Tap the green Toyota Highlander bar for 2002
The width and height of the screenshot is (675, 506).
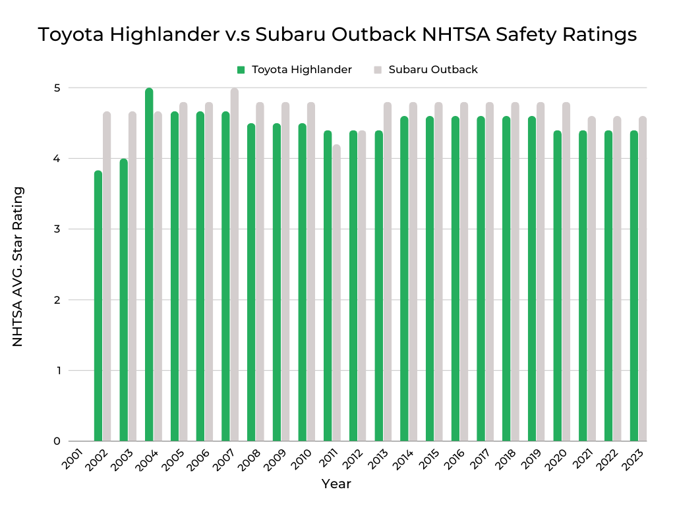98,306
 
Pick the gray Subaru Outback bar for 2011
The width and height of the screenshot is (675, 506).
336,293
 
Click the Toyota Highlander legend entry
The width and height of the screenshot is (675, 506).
295,70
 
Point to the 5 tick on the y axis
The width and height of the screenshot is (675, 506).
57,88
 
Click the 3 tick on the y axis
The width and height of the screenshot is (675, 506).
57,229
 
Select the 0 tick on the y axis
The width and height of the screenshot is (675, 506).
57,441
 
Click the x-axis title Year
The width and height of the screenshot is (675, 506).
336,484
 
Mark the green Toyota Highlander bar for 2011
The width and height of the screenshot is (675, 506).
328,286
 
